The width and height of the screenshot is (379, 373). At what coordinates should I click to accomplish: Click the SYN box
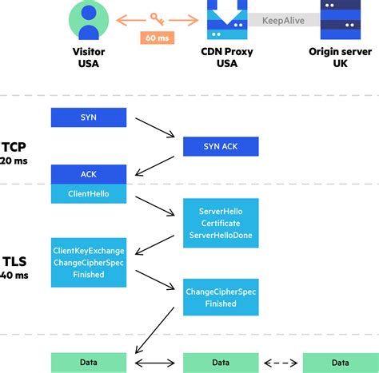click(x=89, y=117)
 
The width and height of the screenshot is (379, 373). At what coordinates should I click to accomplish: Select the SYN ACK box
click(x=221, y=147)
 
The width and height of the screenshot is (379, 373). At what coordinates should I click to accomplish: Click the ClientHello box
click(x=89, y=194)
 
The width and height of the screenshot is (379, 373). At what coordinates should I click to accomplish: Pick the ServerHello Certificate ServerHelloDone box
click(x=221, y=224)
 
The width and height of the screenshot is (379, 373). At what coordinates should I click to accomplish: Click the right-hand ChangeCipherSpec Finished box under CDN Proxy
click(x=221, y=297)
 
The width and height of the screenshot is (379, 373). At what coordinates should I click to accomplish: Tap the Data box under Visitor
click(x=89, y=362)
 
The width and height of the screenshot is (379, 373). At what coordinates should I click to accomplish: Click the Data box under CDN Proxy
click(x=221, y=362)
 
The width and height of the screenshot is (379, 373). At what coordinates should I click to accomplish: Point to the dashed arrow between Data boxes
click(x=281, y=362)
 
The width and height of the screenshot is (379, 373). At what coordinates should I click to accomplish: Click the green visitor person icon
click(x=89, y=18)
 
